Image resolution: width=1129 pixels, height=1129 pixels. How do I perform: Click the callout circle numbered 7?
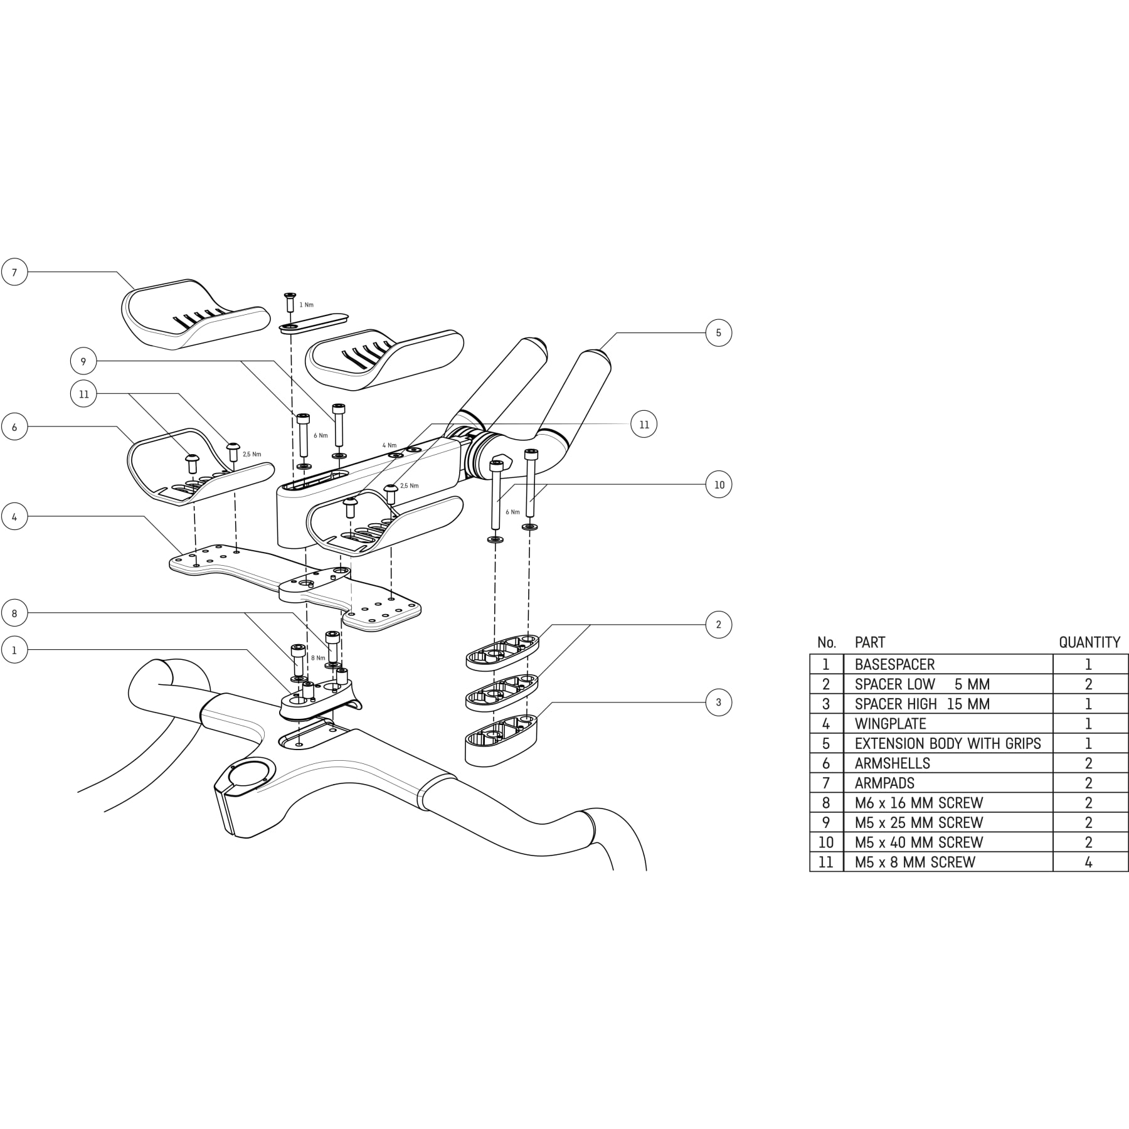[14, 272]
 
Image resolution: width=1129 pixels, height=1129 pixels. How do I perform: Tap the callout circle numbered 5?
[719, 332]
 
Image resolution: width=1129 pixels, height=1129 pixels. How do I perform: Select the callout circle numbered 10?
[719, 484]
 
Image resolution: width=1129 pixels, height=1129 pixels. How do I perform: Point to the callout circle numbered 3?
[719, 702]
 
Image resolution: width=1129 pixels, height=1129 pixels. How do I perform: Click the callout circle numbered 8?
[14, 613]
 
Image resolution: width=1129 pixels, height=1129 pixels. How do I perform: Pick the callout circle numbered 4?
[14, 517]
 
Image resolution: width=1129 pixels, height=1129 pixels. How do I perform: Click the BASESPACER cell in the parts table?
[948, 664]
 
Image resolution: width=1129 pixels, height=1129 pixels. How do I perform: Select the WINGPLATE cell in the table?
[948, 723]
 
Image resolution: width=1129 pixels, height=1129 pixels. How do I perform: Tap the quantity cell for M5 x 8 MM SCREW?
[1090, 862]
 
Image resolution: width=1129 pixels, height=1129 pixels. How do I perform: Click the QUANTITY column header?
[1089, 642]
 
